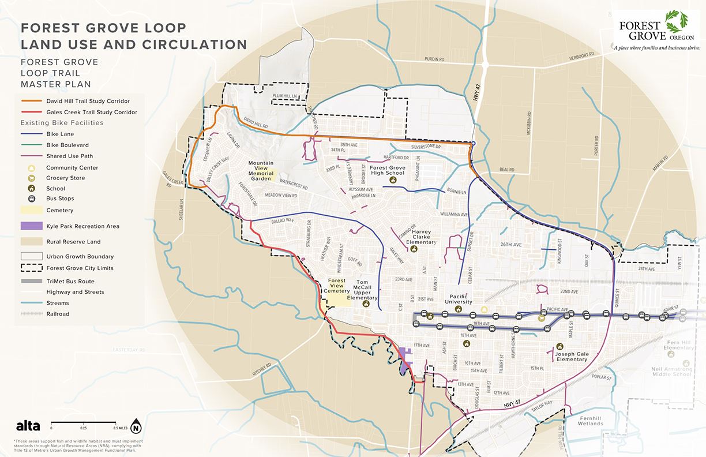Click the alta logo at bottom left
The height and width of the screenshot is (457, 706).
pyautogui.click(x=28, y=426)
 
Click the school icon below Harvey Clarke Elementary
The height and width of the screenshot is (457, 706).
pyautogui.click(x=414, y=249)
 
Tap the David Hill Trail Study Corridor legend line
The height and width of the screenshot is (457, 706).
pyautogui.click(x=33, y=101)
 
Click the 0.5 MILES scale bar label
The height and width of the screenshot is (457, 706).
pyautogui.click(x=121, y=428)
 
